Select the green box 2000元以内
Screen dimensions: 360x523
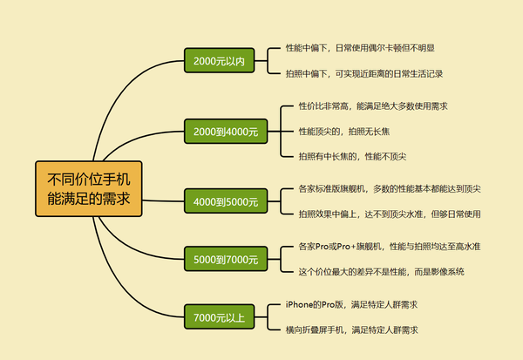click(x=219, y=61)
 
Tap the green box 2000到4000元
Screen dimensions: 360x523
click(x=225, y=132)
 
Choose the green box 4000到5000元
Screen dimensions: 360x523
click(x=225, y=202)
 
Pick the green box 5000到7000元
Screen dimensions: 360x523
click(x=225, y=259)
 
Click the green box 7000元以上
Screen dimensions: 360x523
click(x=219, y=316)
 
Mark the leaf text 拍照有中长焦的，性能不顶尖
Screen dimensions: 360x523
click(x=352, y=156)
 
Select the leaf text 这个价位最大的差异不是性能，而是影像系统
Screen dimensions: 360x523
click(x=381, y=272)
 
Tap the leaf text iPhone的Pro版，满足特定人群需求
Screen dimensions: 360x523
click(x=351, y=304)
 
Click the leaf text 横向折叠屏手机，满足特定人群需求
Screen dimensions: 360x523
click(x=351, y=330)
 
